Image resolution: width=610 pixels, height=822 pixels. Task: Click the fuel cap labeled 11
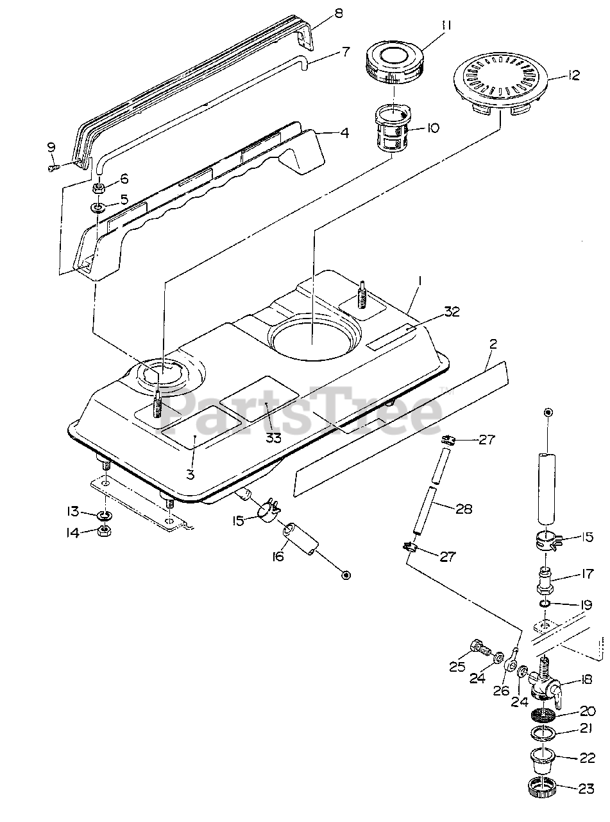tap(393, 64)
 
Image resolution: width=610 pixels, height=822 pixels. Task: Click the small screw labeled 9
tap(53, 168)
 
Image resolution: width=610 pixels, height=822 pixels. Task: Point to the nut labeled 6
tap(99, 188)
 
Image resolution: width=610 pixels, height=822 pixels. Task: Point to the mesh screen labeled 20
tap(543, 714)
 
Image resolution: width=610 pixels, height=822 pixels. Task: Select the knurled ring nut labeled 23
tap(543, 788)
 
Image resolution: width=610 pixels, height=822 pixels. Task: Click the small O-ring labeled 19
tap(543, 604)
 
